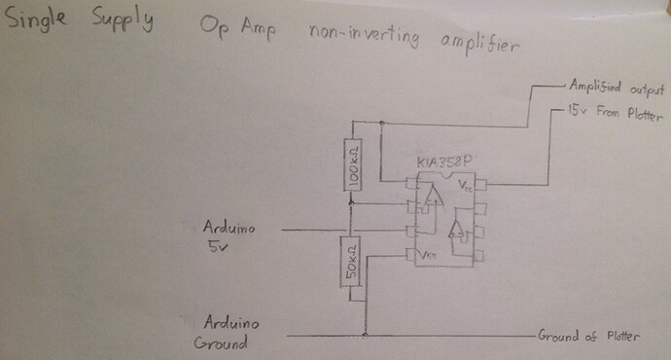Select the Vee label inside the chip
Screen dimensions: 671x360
pos(428,255)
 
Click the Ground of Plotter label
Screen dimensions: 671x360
pos(588,337)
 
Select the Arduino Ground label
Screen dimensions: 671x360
pos(226,333)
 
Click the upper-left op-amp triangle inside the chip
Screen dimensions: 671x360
pos(431,203)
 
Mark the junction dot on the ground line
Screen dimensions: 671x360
pos(364,337)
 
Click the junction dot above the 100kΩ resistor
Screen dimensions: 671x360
pos(382,123)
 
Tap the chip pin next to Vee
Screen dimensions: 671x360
pos(410,254)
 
